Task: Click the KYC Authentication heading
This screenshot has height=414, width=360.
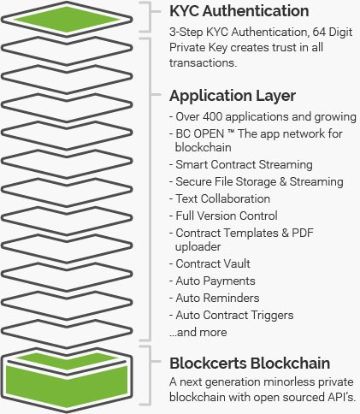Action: [239, 11]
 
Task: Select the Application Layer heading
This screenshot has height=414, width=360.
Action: [233, 96]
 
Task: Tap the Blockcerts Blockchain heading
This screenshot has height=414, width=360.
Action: [250, 364]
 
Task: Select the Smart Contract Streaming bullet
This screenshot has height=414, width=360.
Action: [241, 164]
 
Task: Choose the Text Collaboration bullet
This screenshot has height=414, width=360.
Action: [220, 198]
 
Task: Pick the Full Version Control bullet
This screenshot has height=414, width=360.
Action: [223, 216]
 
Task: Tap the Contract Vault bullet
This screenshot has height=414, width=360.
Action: [210, 263]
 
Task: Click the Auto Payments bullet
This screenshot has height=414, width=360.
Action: [212, 281]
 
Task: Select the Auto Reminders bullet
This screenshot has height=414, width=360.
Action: [215, 298]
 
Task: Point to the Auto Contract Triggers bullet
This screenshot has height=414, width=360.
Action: [232, 316]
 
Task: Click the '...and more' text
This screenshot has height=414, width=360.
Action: [198, 332]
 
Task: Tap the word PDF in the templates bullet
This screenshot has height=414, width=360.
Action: [303, 233]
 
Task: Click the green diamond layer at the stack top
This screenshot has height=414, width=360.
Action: [67, 20]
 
